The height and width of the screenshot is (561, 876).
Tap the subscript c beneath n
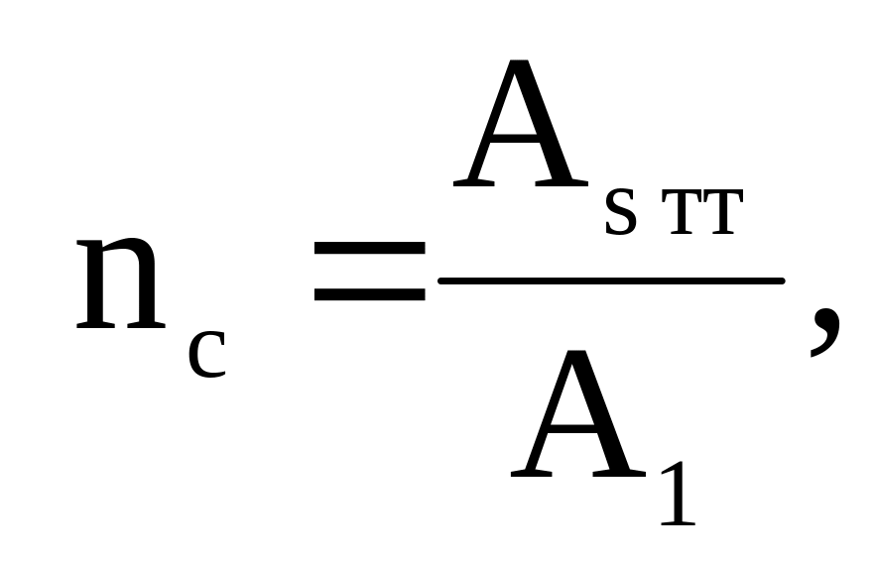tap(207, 355)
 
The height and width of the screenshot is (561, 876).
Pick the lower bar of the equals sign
tap(370, 294)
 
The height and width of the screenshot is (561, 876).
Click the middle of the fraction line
tap(612, 280)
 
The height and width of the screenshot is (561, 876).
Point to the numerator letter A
tap(521, 123)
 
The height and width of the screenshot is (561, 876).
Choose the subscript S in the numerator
tap(621, 212)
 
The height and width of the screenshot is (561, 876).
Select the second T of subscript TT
tap(723, 213)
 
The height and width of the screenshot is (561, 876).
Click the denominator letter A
tap(578, 413)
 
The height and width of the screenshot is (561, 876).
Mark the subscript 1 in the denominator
tap(679, 494)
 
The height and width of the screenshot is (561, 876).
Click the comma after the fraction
tap(825, 331)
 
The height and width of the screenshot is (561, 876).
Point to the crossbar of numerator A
tap(517, 139)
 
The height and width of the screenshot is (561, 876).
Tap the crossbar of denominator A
tap(574, 429)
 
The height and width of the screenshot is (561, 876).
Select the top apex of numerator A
tap(520, 60)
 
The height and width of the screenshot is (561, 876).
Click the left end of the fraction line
tap(440, 280)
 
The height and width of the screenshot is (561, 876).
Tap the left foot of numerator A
tap(473, 182)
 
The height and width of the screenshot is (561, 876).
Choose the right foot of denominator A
tap(619, 474)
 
